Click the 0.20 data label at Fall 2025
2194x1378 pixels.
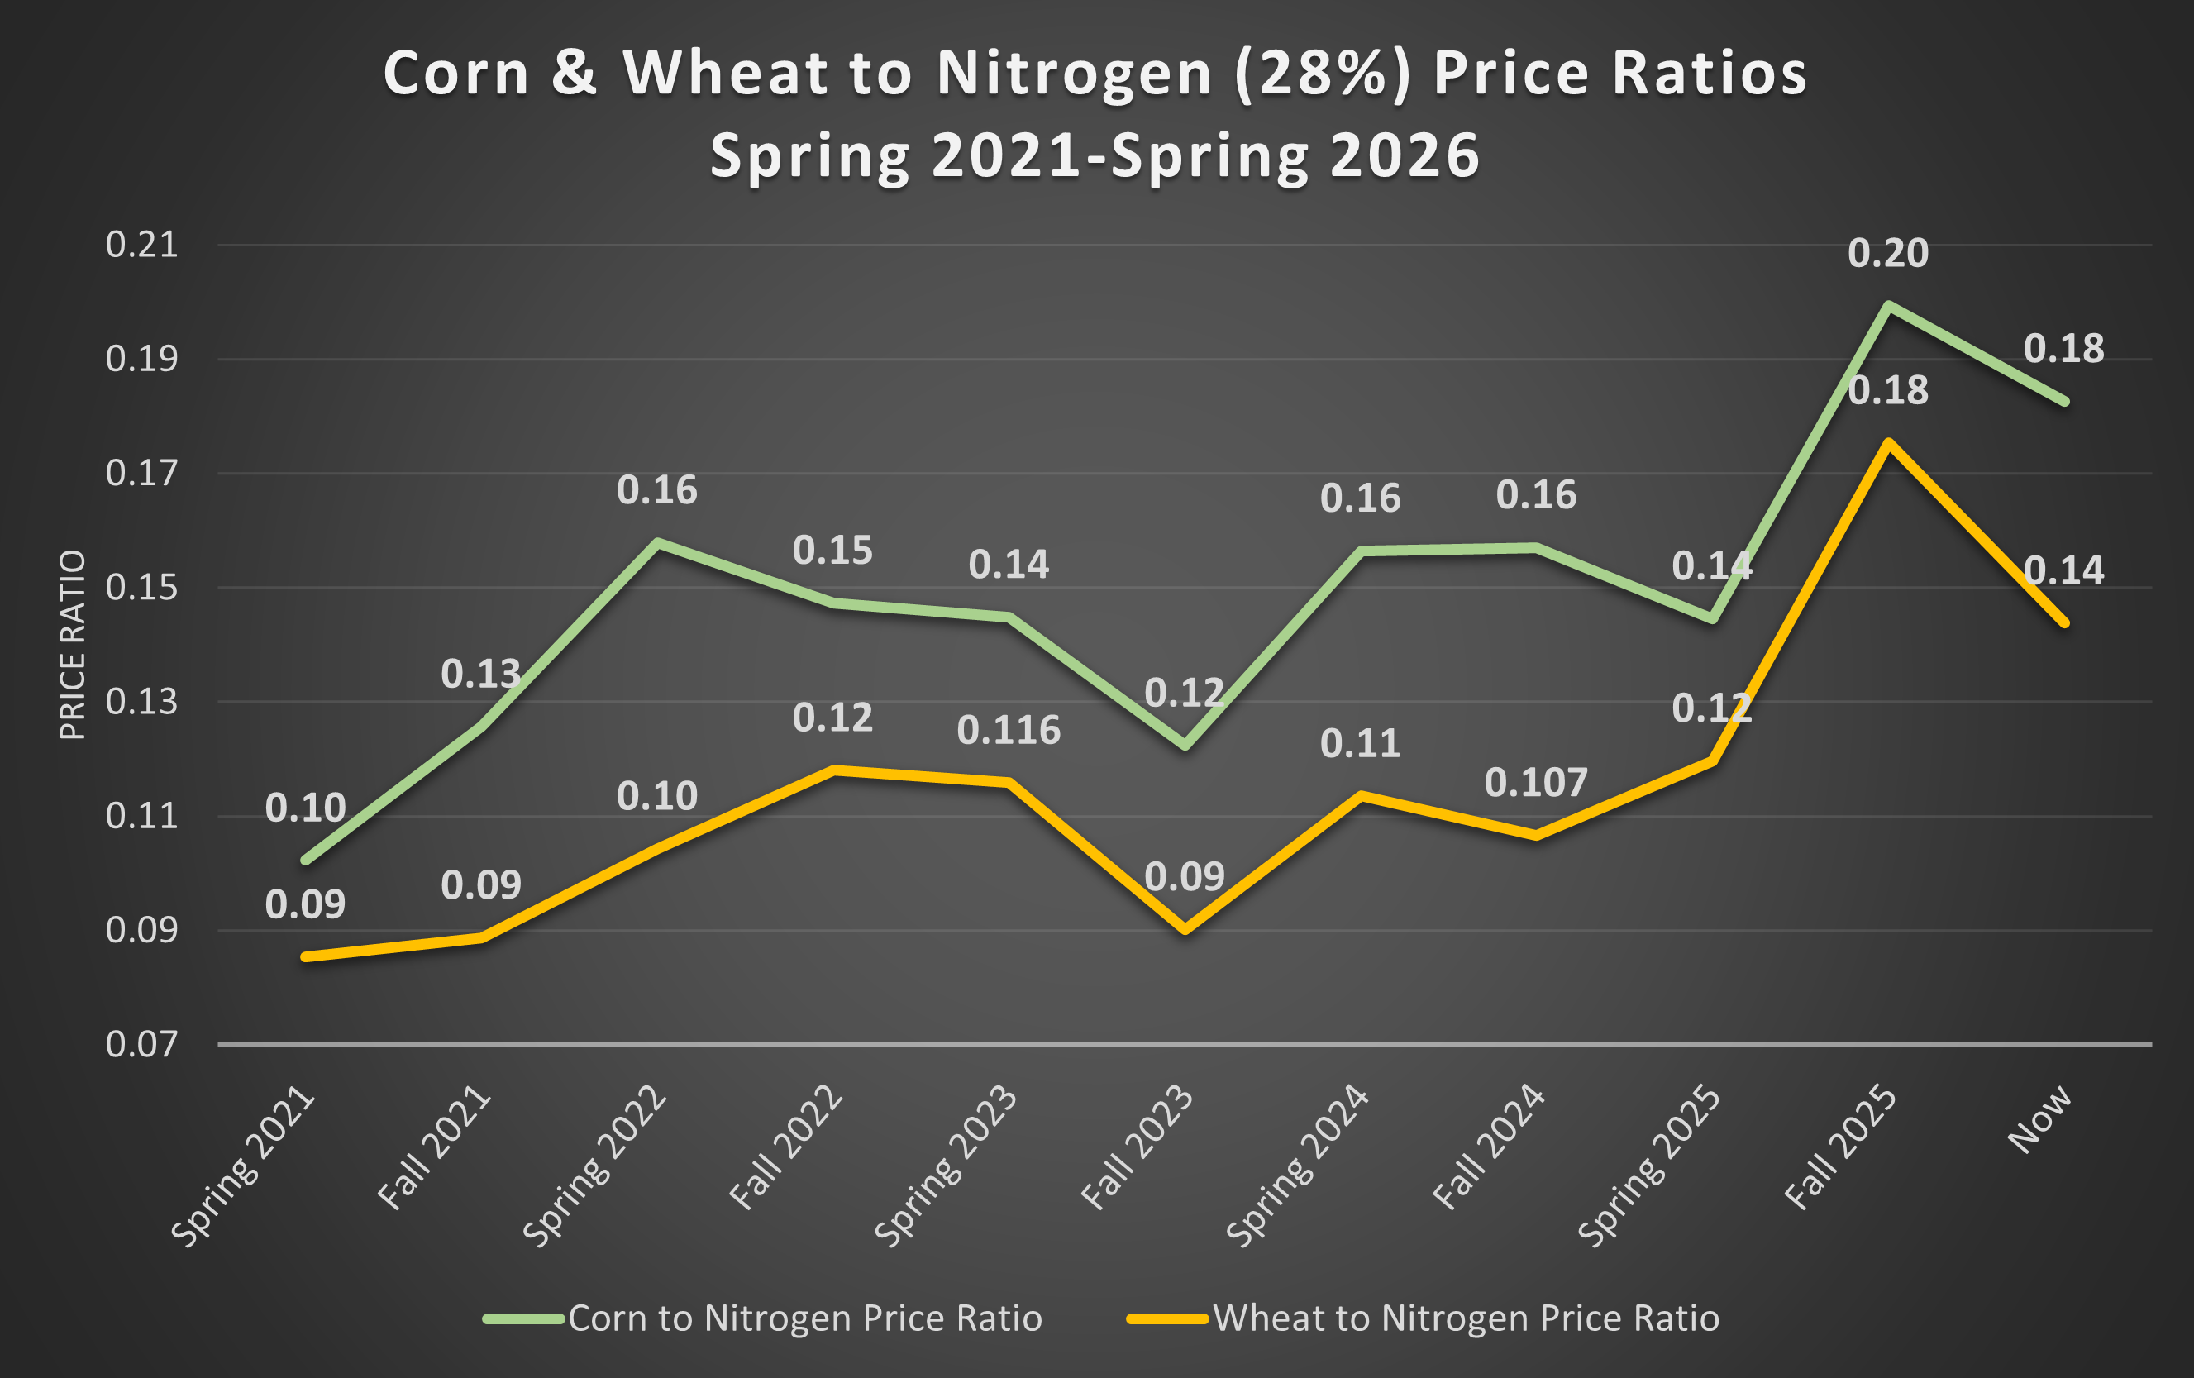[x=1888, y=253]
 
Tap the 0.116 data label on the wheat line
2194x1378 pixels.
[x=1009, y=731]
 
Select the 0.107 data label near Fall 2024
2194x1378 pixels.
[x=1535, y=783]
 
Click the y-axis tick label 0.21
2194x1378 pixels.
[x=141, y=246]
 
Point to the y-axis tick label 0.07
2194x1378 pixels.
[x=141, y=1044]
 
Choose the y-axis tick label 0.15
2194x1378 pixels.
[x=141, y=588]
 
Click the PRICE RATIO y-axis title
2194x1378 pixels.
[x=73, y=644]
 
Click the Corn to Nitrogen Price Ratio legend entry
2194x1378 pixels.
[x=804, y=1318]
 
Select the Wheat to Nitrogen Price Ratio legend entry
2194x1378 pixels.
[x=1465, y=1318]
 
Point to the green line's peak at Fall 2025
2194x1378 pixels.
[x=1889, y=305]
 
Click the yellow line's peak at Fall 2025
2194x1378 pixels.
[x=1889, y=442]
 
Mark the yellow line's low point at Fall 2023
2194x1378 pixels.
[x=1185, y=930]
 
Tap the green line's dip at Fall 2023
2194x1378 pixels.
[x=1185, y=746]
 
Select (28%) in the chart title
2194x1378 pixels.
[x=1322, y=73]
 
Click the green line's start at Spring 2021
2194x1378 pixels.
[x=306, y=860]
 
